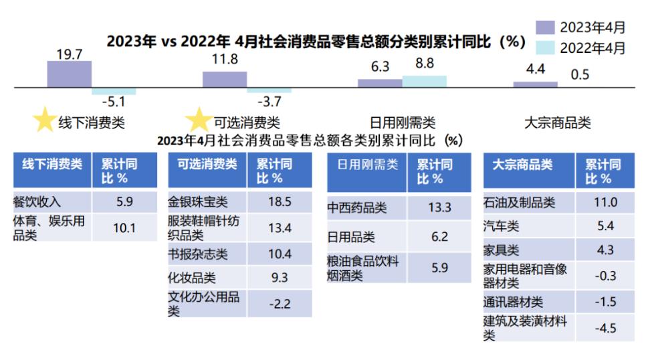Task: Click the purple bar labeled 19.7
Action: (69, 74)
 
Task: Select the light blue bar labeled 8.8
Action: (424, 81)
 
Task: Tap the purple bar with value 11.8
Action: (224, 79)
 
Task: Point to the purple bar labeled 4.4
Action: (535, 84)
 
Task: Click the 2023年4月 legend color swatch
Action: (546, 27)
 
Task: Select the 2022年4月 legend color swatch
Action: (546, 48)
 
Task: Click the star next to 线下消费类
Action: (44, 121)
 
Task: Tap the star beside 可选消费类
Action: (199, 121)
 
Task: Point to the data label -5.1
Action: (113, 102)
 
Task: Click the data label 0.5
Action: (580, 74)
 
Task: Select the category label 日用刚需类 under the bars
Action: (403, 123)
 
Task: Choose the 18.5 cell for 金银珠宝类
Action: (279, 202)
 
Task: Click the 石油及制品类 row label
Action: (520, 202)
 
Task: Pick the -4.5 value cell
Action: (605, 327)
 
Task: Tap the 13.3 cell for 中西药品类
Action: (439, 207)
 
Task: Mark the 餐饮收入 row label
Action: (37, 201)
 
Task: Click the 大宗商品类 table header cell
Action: (528, 171)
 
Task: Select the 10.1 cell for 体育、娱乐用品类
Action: (124, 228)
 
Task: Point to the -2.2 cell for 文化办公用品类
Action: (279, 303)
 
